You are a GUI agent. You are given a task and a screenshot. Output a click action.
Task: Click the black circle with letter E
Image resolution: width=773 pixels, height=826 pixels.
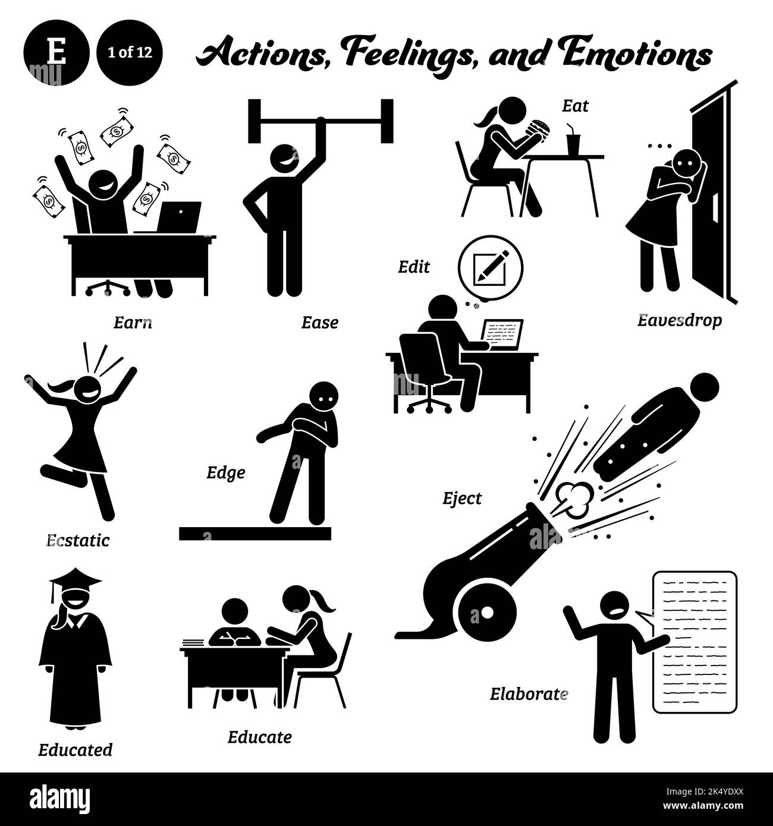click(57, 53)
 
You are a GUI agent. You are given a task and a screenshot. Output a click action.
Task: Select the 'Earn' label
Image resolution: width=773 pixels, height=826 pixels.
click(132, 323)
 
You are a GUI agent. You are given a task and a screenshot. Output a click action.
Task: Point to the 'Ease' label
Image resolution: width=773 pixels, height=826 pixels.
click(319, 323)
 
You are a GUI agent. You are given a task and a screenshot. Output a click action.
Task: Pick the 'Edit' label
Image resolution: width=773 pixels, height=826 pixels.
click(414, 267)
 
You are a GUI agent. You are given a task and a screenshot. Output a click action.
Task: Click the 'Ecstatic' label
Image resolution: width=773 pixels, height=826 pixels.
click(78, 540)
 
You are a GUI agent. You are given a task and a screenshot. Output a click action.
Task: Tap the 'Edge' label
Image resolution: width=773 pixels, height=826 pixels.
click(225, 473)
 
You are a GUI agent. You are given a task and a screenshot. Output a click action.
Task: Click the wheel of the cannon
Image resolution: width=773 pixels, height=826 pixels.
click(486, 612)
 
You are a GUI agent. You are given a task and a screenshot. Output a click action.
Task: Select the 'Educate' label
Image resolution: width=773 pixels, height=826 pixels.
click(259, 737)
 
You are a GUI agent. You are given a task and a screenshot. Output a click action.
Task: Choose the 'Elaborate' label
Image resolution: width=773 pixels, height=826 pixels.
click(529, 693)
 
